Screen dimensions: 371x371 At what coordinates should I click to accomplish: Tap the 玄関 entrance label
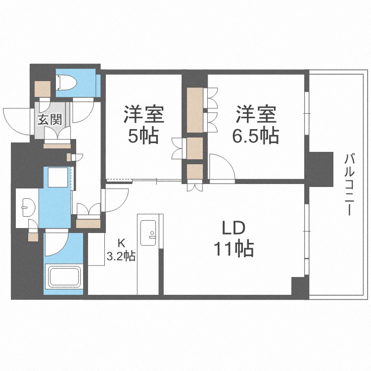[x=49, y=119]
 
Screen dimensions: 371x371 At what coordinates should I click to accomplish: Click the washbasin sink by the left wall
[x=26, y=207]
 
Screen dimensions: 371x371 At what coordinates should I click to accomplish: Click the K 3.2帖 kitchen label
[x=122, y=250]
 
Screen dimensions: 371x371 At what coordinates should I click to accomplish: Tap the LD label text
[x=232, y=230]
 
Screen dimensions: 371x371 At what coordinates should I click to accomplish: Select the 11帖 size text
[x=233, y=248]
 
